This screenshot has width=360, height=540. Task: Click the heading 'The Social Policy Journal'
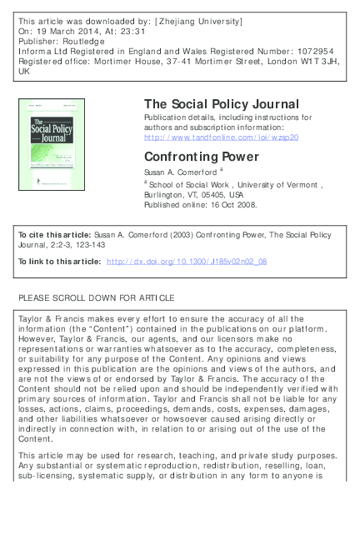pos(221,104)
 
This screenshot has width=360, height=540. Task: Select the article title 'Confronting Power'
pos(192,155)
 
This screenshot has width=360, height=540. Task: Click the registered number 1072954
pos(316,48)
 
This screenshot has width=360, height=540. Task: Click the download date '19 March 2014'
pos(62,28)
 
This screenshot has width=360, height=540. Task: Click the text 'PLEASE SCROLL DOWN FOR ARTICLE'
pos(97,297)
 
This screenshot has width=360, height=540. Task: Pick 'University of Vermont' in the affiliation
pos(280,183)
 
